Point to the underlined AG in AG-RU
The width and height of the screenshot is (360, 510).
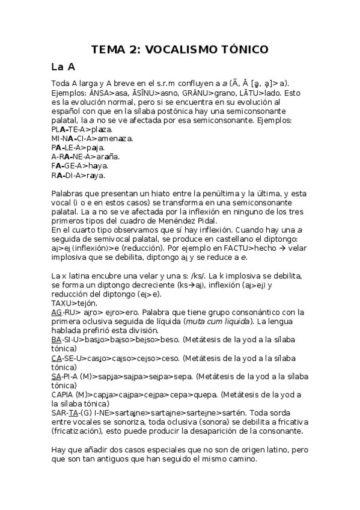coord(56,313)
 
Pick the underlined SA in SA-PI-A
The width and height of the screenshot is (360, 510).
coord(56,377)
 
